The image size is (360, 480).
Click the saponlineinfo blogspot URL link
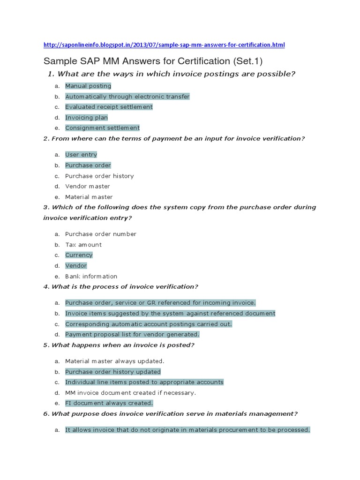point(164,45)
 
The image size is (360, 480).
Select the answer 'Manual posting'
point(88,86)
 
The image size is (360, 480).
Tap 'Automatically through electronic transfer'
point(127,97)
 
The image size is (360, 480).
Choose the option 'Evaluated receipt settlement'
point(109,107)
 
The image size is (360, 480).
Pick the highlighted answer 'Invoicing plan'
point(86,118)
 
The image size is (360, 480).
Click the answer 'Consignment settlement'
point(102,128)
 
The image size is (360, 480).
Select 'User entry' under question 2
point(81,155)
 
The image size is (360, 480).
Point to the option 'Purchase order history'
point(99,176)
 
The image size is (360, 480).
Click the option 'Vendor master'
point(88,187)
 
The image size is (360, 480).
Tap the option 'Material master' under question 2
point(89,197)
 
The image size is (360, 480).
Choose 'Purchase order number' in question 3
point(101,234)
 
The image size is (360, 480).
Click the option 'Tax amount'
point(83,245)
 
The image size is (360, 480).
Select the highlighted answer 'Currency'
point(79,255)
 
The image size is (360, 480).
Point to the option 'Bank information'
point(91,277)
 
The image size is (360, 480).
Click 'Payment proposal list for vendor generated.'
point(132,335)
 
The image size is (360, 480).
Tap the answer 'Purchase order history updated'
point(112,372)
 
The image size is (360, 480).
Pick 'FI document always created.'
point(109,403)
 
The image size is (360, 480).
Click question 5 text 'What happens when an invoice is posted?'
point(123,345)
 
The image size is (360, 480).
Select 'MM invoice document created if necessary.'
point(130,393)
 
